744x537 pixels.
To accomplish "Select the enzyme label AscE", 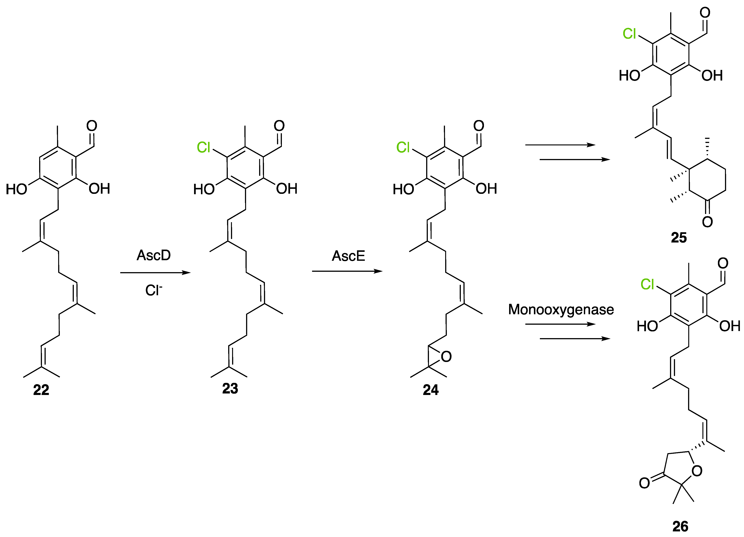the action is [x=348, y=256].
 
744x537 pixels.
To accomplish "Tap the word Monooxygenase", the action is [x=561, y=309].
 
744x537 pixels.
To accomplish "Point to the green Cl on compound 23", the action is [x=203, y=147].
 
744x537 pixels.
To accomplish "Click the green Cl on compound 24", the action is [x=403, y=147].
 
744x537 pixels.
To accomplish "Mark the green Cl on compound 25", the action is [x=629, y=34].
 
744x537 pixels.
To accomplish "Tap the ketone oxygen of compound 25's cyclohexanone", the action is [x=707, y=222].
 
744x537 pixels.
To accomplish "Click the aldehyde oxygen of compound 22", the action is [x=92, y=126].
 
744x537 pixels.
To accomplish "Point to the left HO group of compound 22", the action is [x=16, y=189].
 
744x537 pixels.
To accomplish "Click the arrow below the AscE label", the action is [x=347, y=271].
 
